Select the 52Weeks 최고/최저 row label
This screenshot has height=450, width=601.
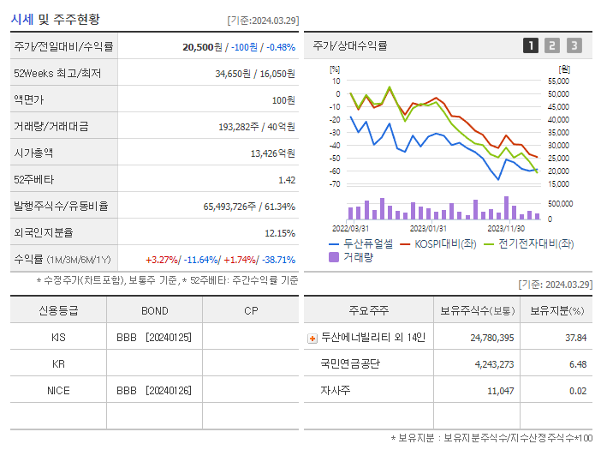tap(57, 74)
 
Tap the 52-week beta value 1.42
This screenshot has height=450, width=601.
tap(287, 180)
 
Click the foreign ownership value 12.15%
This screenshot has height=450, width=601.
tap(280, 233)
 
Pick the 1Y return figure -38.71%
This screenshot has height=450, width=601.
tap(278, 260)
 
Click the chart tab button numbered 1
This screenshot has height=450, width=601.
tap(531, 46)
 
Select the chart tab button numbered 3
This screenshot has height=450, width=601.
tap(574, 46)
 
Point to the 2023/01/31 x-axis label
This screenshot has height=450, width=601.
tap(428, 229)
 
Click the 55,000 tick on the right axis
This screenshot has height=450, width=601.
tap(556, 81)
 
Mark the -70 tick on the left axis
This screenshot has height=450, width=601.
tap(335, 184)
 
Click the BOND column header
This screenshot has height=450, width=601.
tap(154, 311)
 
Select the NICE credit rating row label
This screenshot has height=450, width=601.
tap(58, 390)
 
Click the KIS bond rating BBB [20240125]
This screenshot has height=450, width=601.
tap(154, 338)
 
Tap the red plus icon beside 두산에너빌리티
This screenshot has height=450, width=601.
tap(312, 339)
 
